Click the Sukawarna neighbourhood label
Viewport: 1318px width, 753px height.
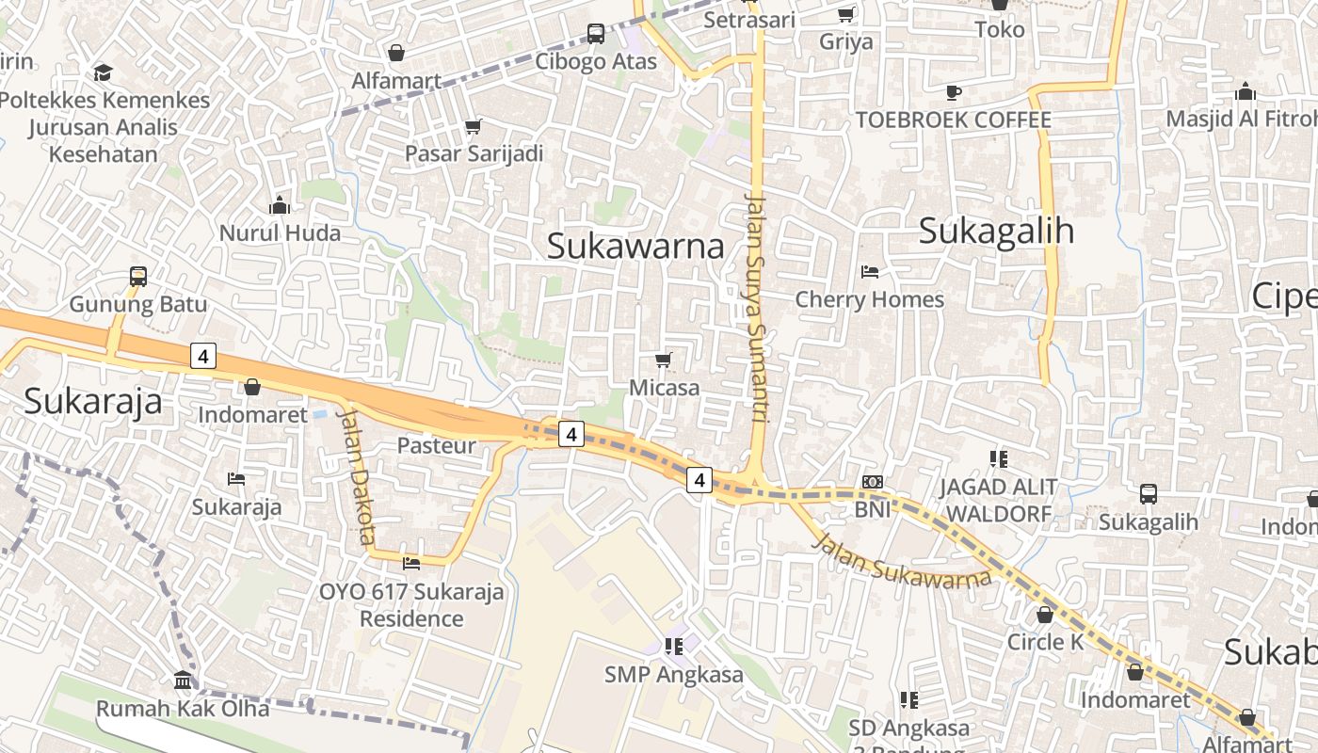tap(635, 247)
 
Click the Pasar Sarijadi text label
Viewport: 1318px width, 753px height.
tap(474, 153)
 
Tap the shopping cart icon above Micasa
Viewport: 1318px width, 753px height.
tap(664, 360)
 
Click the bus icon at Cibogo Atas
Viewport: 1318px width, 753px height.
tap(596, 34)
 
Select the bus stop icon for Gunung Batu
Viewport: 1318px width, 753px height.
tap(138, 277)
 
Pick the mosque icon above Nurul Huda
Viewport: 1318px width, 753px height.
tap(280, 205)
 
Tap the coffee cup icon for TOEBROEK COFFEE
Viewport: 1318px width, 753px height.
tap(953, 92)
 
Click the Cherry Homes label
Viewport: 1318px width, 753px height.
tap(869, 299)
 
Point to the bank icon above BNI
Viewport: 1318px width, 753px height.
tap(873, 482)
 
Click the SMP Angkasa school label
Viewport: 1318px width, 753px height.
tap(673, 675)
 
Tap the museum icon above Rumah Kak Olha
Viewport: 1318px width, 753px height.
tap(183, 680)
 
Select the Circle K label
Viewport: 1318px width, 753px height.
tap(1045, 642)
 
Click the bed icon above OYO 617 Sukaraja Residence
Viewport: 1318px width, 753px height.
tap(411, 563)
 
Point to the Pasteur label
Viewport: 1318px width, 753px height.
tap(437, 445)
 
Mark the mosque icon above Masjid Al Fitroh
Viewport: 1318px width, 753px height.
tap(1246, 91)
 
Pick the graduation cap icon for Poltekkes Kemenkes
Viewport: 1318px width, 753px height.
tap(104, 72)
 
